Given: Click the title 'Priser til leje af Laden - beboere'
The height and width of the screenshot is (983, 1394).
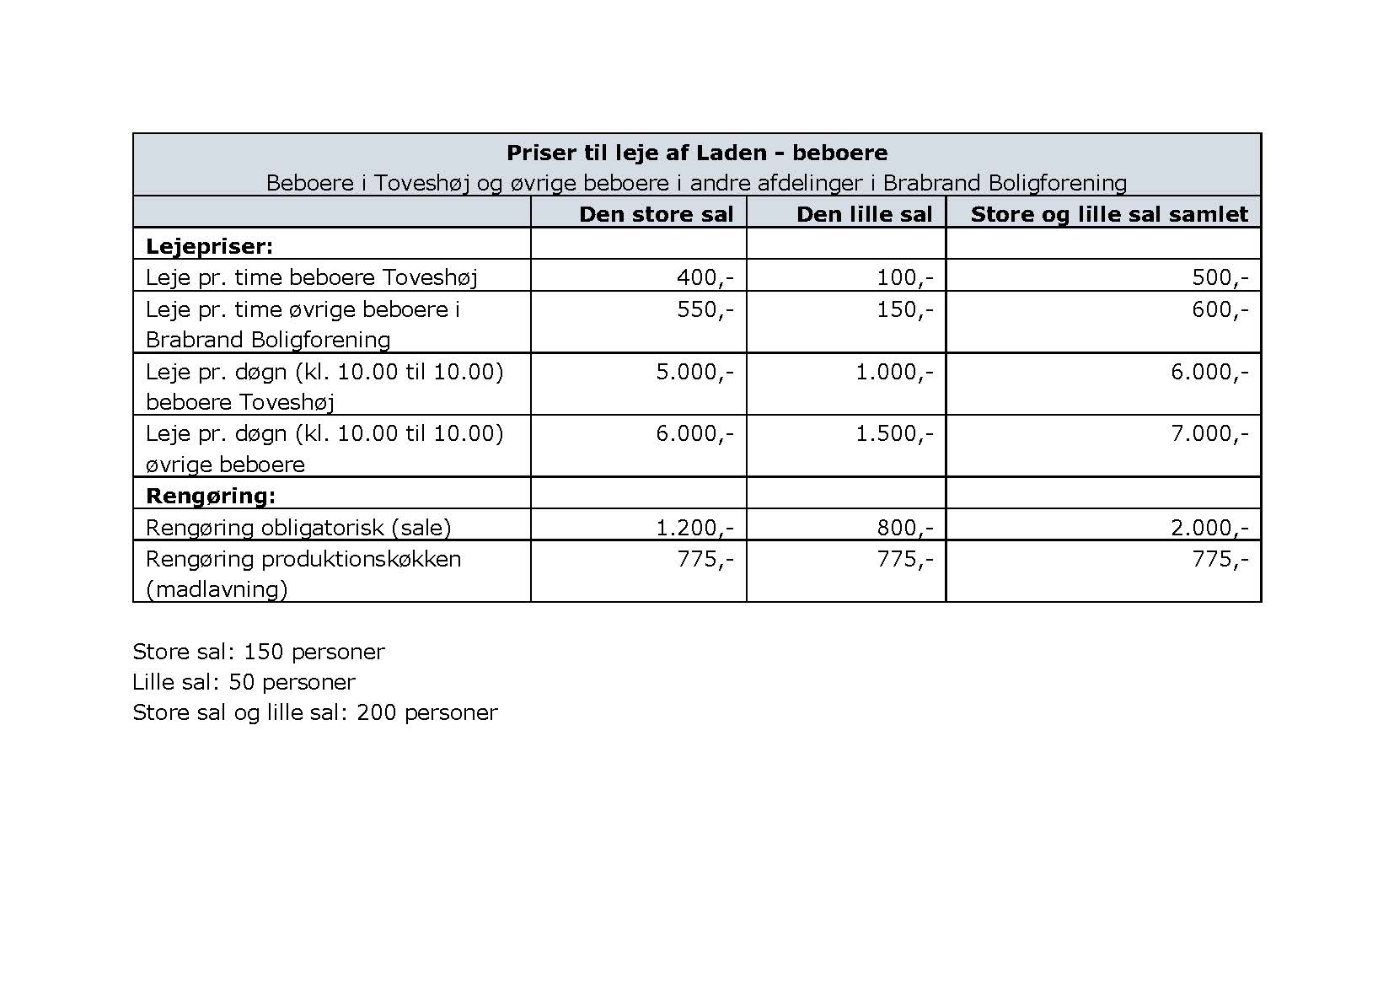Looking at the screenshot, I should click(696, 153).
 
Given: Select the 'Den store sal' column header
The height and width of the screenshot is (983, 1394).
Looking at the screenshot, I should click(656, 214).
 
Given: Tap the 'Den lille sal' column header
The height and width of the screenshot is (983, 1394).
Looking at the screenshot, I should click(864, 214).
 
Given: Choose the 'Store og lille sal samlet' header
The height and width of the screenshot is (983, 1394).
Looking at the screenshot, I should click(1108, 214).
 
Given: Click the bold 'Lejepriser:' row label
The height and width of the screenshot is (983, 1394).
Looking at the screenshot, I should click(210, 245).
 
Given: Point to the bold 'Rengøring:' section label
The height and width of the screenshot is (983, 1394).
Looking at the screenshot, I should click(211, 495).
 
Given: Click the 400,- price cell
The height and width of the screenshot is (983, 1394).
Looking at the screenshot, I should click(705, 277).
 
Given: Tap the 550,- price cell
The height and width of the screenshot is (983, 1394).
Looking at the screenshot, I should click(705, 309).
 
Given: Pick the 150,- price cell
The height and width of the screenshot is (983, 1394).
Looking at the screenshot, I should click(904, 309).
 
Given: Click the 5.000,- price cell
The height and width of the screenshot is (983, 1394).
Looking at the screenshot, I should click(694, 372).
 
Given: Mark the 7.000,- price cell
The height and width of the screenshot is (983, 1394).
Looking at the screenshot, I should click(1209, 433).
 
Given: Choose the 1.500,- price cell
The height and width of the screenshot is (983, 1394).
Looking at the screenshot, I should click(894, 433).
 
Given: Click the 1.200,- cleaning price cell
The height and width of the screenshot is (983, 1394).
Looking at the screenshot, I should click(694, 528).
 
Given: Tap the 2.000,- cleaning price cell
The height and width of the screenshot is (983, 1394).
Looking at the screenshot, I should click(1209, 528).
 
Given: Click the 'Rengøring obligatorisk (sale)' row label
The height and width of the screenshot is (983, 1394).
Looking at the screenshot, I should click(298, 528).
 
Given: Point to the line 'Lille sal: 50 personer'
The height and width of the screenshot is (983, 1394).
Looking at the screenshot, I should click(244, 681).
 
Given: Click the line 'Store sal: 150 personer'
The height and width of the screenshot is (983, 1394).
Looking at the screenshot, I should click(258, 651).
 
